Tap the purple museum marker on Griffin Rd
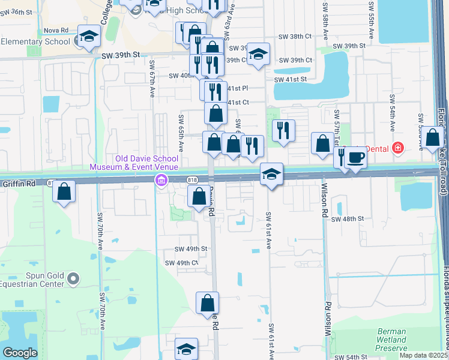pyautogui.click(x=161, y=181)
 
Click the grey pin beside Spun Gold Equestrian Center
pyautogui.click(x=74, y=278)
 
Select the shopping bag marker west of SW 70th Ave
pyautogui.click(x=64, y=192)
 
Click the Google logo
pyautogui.click(x=20, y=353)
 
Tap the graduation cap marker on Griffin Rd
pyautogui.click(x=271, y=175)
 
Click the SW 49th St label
pyautogui.click(x=191, y=248)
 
